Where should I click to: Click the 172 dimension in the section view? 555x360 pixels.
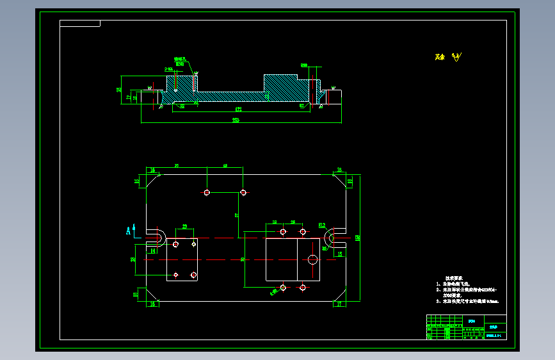pos(238,109)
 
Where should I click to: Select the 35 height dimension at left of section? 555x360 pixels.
pos(119,90)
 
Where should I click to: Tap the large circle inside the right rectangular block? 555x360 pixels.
pos(312,259)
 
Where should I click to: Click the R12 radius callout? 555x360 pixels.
pos(322,225)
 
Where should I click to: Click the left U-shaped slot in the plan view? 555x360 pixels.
pos(156,238)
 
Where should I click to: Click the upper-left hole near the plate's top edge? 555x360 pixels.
pos(207,192)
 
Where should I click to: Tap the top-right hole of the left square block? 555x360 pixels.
pos(194,244)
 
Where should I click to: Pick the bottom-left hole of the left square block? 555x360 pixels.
pos(176,275)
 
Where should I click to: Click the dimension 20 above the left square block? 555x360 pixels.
pos(184,227)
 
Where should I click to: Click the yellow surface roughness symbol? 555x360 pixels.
pos(456,58)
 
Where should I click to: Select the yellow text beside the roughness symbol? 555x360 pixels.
pos(438,58)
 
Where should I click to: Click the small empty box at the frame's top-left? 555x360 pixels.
pos(80,24)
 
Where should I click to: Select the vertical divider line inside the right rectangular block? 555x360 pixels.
pos(297,259)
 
